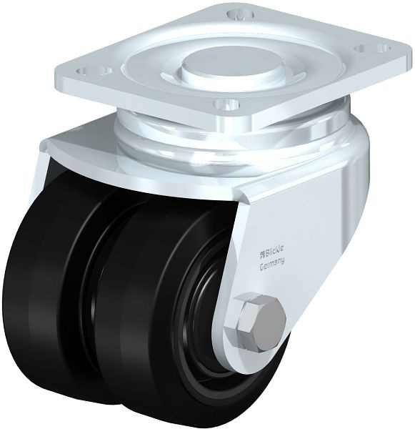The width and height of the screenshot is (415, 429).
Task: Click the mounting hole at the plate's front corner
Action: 227,104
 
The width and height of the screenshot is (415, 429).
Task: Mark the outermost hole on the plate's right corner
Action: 384,49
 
